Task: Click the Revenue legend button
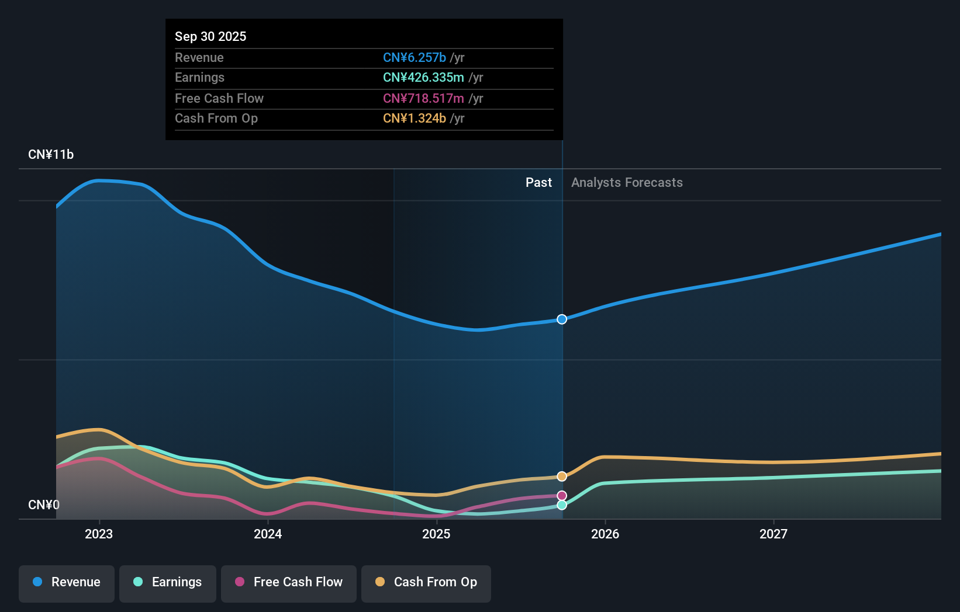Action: [67, 583]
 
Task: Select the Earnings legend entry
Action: [168, 583]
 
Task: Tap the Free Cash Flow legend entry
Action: [289, 583]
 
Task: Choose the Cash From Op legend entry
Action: [426, 583]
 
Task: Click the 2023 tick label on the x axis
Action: [99, 534]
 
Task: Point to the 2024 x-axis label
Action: [268, 534]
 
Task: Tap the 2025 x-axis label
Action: [436, 534]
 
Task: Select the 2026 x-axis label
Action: [605, 534]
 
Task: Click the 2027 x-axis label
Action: [773, 534]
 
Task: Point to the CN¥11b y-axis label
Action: [51, 155]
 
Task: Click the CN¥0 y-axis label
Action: [44, 505]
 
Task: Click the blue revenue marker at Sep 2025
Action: [562, 319]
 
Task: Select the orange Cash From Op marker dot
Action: [562, 477]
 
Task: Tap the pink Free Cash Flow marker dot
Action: [562, 496]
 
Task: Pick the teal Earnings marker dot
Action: [562, 505]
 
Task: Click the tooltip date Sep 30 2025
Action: [210, 36]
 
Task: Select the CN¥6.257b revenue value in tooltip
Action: [415, 57]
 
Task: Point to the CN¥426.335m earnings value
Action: [423, 78]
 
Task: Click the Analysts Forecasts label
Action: [627, 183]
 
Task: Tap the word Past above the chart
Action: [538, 183]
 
